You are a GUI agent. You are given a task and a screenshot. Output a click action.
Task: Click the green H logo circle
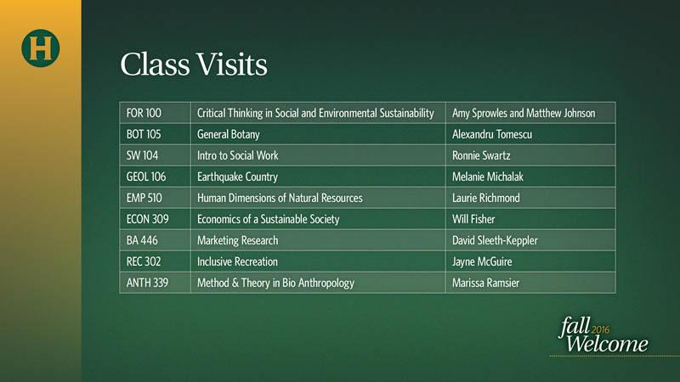(x=40, y=48)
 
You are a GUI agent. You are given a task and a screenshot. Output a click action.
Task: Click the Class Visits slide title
(x=194, y=65)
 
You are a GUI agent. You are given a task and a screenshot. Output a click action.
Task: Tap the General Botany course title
(x=229, y=135)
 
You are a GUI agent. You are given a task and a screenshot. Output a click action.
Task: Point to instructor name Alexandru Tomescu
(x=492, y=134)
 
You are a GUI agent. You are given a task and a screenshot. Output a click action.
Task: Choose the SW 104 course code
(x=142, y=155)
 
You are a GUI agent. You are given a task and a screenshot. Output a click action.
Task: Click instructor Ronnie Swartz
(x=481, y=155)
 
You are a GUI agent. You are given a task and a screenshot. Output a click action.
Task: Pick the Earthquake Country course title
(x=238, y=177)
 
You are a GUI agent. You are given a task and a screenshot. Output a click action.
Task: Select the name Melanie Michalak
(x=488, y=177)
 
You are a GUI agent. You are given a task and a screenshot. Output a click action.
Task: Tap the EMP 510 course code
(x=144, y=198)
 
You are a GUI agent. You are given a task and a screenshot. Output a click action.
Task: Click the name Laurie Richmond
(x=486, y=198)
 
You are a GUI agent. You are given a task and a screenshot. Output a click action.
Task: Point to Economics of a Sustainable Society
(x=269, y=220)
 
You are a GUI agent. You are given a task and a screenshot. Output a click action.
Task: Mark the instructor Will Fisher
(x=473, y=219)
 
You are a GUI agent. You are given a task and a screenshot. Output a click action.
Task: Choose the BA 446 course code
(x=142, y=240)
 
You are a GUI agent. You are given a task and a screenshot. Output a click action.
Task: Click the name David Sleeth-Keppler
(x=496, y=241)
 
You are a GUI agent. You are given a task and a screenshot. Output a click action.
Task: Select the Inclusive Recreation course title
(x=238, y=261)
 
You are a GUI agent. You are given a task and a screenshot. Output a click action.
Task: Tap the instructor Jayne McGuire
(x=482, y=262)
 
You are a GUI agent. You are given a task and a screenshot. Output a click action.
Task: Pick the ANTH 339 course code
(x=147, y=283)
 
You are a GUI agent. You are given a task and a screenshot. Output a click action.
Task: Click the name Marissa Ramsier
(x=485, y=283)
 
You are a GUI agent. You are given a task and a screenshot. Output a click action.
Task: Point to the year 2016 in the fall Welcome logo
(x=601, y=329)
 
